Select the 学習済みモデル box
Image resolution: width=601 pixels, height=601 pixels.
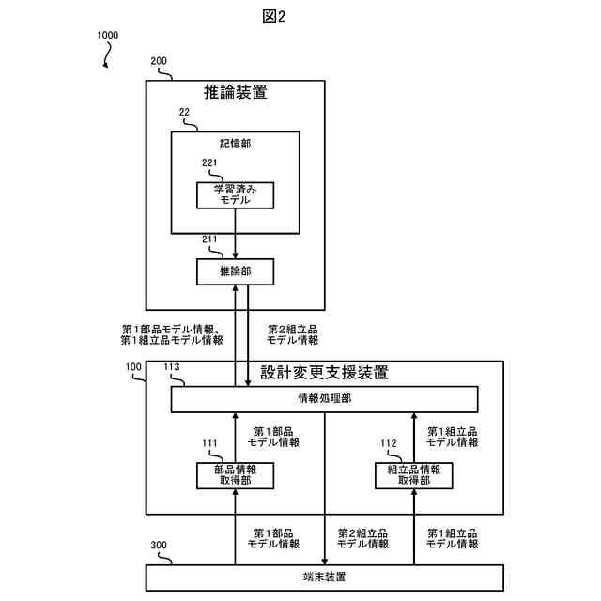[x=235, y=195]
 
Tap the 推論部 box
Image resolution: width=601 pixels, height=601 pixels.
[x=235, y=271]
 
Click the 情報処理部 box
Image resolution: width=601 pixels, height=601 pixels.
[x=324, y=400]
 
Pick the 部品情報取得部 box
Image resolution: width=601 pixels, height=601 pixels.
[x=235, y=475]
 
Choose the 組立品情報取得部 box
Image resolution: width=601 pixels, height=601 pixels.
[x=413, y=475]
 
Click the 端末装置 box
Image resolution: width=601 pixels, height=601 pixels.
[x=324, y=577]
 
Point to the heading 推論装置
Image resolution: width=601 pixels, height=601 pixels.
[x=236, y=92]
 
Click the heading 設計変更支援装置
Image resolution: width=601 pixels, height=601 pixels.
[x=324, y=372]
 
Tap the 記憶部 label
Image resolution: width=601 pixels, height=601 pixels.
[x=235, y=145]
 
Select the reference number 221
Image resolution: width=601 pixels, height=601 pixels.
[x=210, y=163]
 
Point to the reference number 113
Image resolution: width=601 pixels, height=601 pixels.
[x=173, y=369]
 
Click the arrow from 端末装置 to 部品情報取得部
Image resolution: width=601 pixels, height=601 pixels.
[x=235, y=526]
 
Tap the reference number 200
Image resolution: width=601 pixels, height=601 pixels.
[x=159, y=61]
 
